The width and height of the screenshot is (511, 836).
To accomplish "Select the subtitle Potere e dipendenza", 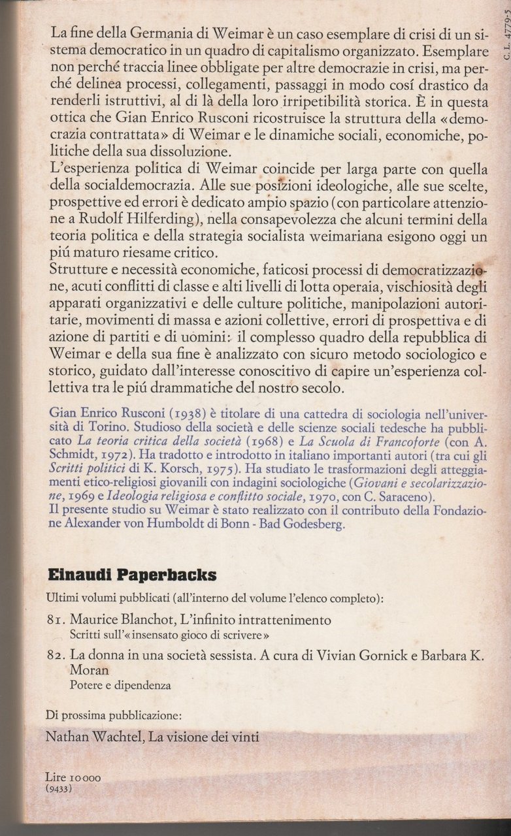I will point(120,686).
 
